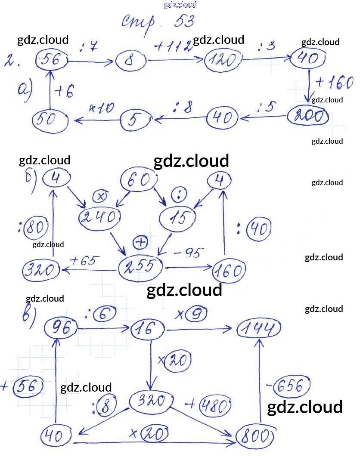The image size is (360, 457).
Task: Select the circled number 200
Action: click(307, 116)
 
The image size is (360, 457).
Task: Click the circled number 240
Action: click(98, 217)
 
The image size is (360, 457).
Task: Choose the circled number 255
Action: click(140, 268)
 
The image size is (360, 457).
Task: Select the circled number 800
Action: click(254, 437)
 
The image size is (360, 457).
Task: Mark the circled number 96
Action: click(61, 329)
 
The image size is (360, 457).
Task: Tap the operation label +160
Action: click(334, 83)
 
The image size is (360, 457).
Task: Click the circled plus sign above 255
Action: click(140, 243)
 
